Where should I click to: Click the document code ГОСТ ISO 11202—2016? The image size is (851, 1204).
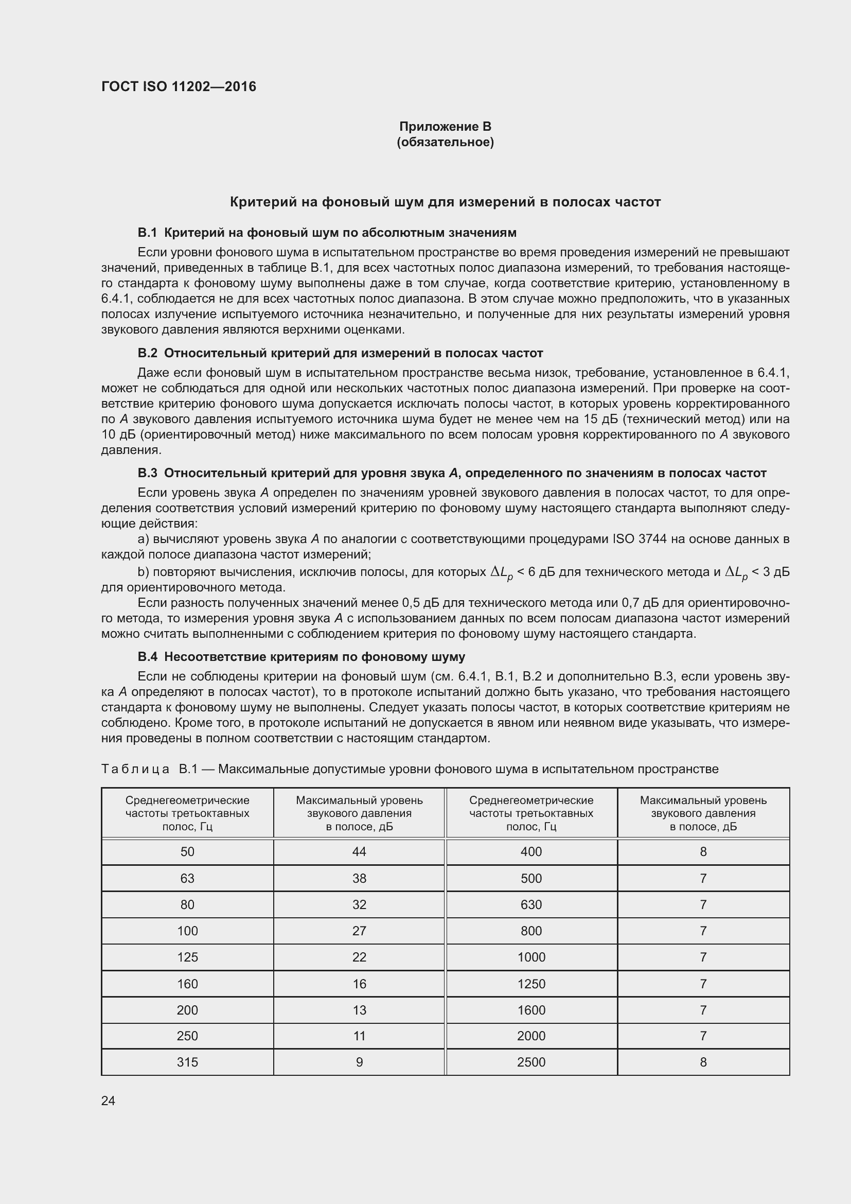click(x=179, y=86)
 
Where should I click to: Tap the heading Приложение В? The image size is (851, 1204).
click(x=445, y=127)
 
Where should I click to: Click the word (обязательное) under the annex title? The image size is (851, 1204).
click(x=445, y=142)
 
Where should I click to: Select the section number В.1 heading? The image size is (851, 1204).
click(x=147, y=232)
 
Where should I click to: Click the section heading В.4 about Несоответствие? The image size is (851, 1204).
click(x=301, y=656)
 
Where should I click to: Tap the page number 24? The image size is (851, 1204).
click(x=108, y=1101)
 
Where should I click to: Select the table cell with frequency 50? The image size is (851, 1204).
click(x=187, y=851)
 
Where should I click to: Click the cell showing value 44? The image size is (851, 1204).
click(x=359, y=851)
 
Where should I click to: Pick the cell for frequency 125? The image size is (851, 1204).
click(x=187, y=957)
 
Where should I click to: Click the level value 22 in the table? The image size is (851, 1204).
click(x=359, y=957)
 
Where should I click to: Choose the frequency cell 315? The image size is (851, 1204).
click(x=187, y=1062)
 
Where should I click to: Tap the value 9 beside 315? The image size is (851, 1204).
click(x=359, y=1062)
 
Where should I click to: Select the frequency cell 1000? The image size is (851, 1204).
click(x=531, y=957)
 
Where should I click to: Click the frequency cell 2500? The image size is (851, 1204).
click(x=531, y=1062)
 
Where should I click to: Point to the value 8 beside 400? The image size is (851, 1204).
click(x=703, y=851)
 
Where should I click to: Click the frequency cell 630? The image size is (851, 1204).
click(x=531, y=904)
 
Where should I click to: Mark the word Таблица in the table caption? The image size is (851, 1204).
click(x=135, y=769)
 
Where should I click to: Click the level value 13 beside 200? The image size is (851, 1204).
click(x=359, y=1010)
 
